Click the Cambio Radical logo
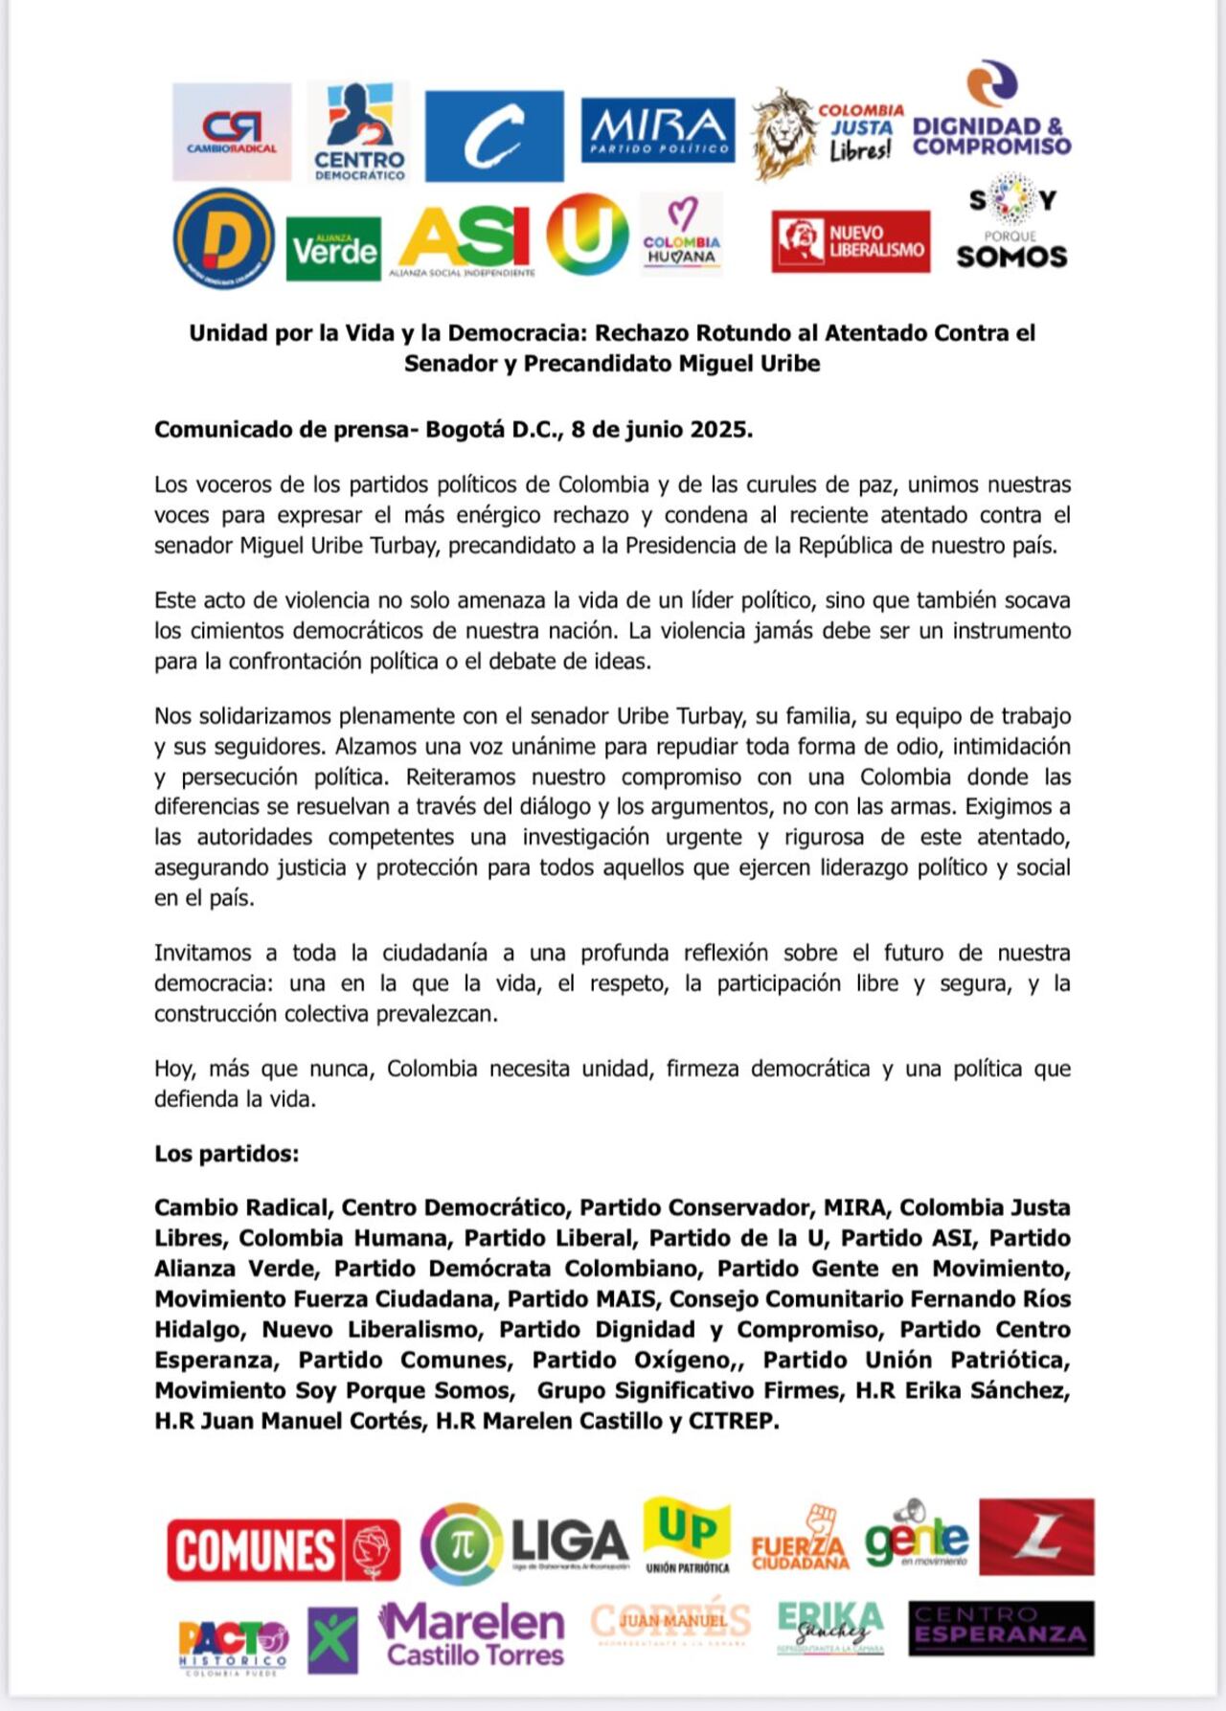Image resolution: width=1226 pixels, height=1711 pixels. (232, 132)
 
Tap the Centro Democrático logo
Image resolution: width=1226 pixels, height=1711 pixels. (358, 132)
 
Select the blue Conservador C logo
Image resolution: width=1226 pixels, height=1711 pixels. (494, 136)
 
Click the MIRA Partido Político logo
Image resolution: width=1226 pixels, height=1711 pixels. (658, 129)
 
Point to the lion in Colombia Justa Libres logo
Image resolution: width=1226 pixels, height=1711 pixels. (783, 134)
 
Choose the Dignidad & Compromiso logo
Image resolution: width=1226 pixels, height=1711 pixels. (991, 113)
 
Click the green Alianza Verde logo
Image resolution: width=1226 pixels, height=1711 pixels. (333, 249)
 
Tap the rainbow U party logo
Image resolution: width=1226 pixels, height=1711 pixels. (587, 235)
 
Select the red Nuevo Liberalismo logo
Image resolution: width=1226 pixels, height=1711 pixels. (851, 241)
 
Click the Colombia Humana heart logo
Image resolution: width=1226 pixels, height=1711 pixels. (682, 234)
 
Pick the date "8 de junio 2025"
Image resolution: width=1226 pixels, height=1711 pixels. (662, 430)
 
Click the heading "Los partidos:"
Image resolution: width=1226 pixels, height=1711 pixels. (226, 1154)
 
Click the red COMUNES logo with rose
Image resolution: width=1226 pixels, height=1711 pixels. (284, 1549)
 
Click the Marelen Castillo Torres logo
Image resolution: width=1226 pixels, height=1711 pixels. (472, 1635)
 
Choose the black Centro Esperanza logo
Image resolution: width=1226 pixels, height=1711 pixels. (1001, 1628)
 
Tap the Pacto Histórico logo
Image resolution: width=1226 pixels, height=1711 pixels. (233, 1643)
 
